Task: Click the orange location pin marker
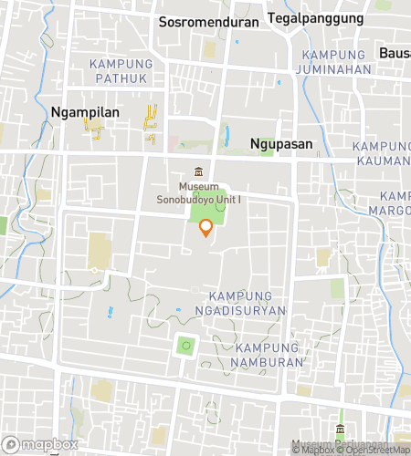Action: [x=206, y=228]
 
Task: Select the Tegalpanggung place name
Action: [x=315, y=18]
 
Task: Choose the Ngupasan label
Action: [x=281, y=144]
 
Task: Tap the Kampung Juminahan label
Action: [x=335, y=62]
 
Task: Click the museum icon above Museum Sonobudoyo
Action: [x=198, y=172]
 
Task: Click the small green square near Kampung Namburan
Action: [x=186, y=346]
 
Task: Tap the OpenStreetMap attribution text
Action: [x=375, y=449]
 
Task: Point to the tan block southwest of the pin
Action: [x=97, y=250]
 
